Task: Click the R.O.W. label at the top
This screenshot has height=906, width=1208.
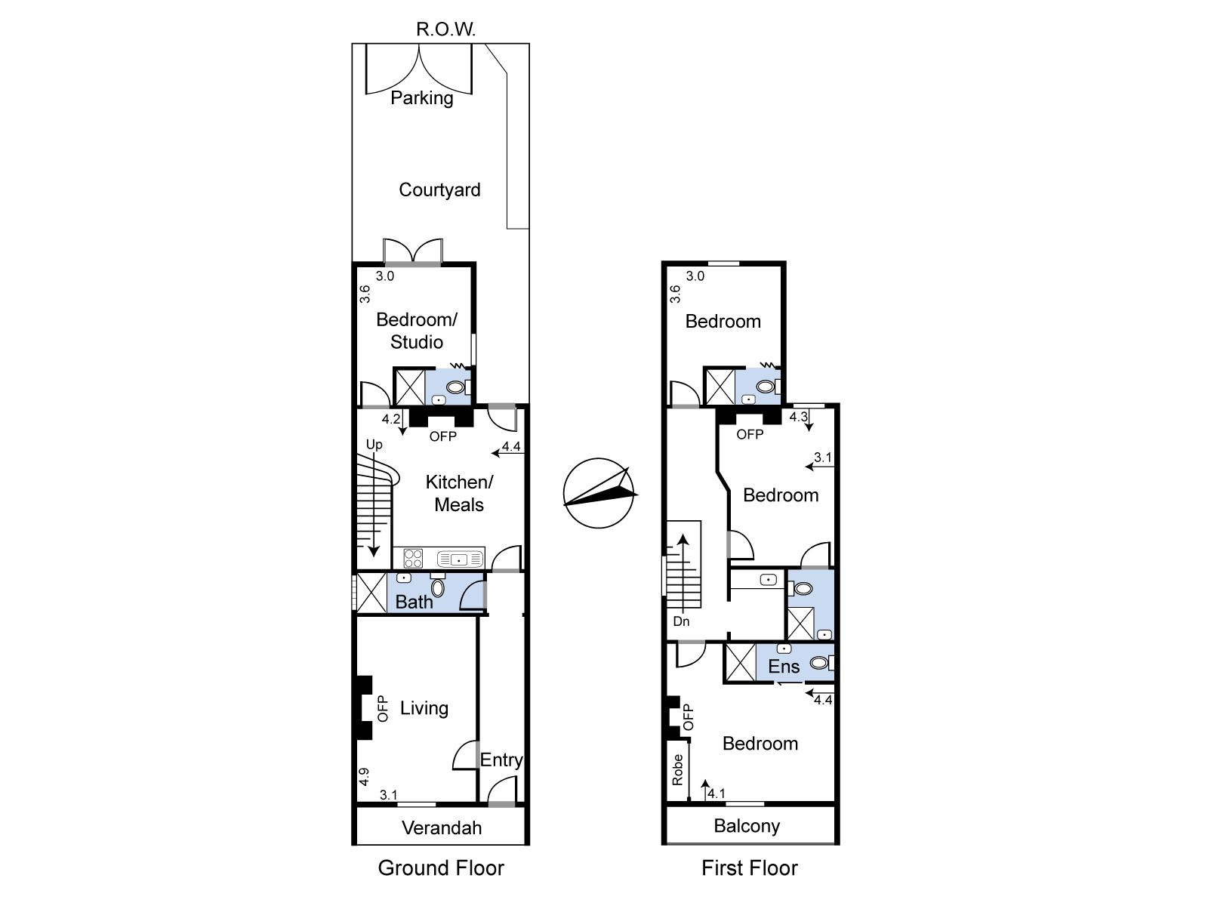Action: [x=445, y=29]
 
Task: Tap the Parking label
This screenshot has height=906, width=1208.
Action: [x=421, y=98]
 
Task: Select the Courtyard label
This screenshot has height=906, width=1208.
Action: [x=439, y=190]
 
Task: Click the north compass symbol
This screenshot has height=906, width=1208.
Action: [x=599, y=493]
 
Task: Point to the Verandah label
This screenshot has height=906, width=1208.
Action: [x=442, y=827]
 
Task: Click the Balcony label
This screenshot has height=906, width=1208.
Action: [x=747, y=826]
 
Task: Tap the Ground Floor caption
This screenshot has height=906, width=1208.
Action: [x=441, y=868]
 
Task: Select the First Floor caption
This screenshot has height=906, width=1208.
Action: [x=750, y=868]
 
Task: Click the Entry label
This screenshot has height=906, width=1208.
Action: [x=501, y=760]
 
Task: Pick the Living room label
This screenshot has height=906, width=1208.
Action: [x=424, y=708]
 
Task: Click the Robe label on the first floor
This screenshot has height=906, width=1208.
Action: [x=677, y=769]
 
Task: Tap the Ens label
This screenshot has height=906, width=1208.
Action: [x=784, y=667]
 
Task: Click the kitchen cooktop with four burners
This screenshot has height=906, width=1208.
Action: [x=413, y=559]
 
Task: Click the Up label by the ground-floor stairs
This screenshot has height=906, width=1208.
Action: [x=374, y=445]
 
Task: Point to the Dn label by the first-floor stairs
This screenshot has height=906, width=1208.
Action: [x=681, y=621]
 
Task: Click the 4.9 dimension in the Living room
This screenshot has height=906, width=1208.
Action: [x=364, y=777]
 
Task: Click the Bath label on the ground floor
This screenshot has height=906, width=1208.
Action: [x=414, y=602]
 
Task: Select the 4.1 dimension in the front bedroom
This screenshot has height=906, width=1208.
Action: [x=716, y=794]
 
